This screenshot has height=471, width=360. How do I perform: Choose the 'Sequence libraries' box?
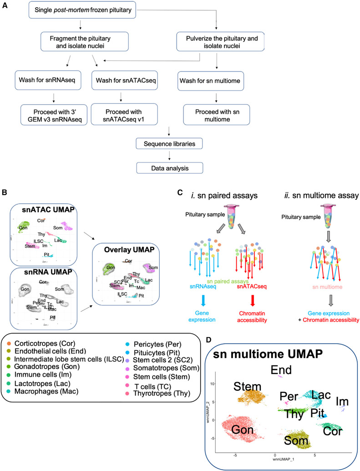[x=169, y=144]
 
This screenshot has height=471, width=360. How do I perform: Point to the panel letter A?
[x=6, y=5]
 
